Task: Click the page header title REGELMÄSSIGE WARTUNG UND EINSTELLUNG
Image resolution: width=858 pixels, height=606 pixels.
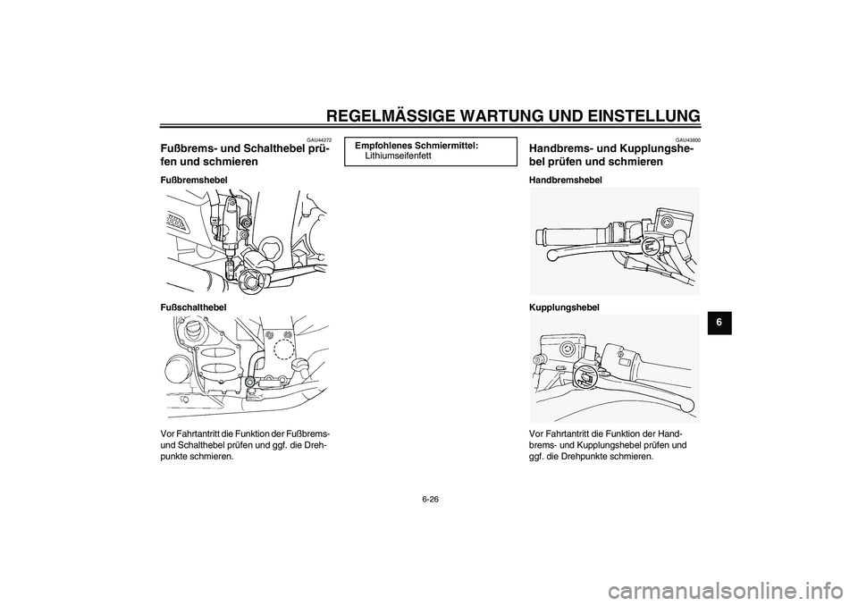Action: [x=513, y=114]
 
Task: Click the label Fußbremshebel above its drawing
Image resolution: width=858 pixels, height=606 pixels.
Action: [x=194, y=180]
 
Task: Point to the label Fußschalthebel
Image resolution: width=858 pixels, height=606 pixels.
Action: [x=193, y=307]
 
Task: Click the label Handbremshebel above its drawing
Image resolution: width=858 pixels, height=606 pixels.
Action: [x=566, y=180]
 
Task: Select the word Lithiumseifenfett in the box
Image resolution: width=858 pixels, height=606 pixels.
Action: [x=399, y=156]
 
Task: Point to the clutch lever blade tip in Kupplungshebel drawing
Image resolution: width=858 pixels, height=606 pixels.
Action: [x=686, y=408]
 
